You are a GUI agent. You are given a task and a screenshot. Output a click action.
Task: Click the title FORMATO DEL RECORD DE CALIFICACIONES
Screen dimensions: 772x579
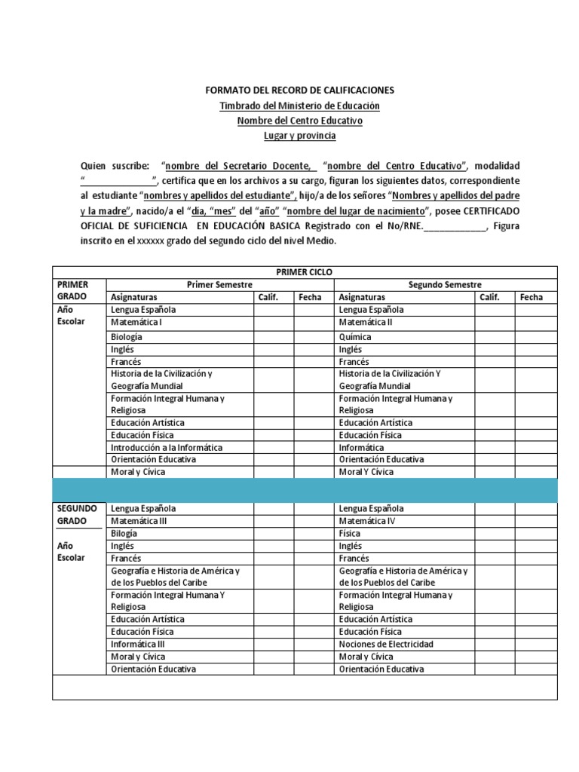pyautogui.click(x=299, y=90)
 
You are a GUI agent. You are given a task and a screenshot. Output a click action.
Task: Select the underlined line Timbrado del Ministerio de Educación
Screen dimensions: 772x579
pyautogui.click(x=299, y=106)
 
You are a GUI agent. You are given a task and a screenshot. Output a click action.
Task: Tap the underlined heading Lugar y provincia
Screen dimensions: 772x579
pyautogui.click(x=299, y=136)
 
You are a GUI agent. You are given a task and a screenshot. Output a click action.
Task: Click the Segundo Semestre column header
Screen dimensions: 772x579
pyautogui.click(x=445, y=284)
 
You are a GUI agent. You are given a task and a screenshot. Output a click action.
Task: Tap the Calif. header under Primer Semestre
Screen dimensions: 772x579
pyautogui.click(x=269, y=297)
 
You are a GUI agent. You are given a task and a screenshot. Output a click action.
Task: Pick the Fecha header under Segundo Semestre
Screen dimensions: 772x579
pyautogui.click(x=531, y=297)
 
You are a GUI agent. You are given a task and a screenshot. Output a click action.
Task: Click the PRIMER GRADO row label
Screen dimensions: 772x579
pyautogui.click(x=72, y=290)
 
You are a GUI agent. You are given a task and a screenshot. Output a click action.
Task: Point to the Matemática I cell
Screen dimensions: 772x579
pyautogui.click(x=137, y=322)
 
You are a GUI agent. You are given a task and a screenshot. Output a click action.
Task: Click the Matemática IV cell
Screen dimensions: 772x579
pyautogui.click(x=366, y=521)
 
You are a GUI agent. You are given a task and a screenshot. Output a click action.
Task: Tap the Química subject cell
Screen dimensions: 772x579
pyautogui.click(x=355, y=337)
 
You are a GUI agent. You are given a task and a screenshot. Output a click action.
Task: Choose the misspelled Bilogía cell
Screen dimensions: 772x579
pyautogui.click(x=124, y=533)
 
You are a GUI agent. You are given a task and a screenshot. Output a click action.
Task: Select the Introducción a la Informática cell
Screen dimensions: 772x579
pyautogui.click(x=167, y=447)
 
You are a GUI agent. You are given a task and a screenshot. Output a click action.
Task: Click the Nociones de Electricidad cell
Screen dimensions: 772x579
pyautogui.click(x=387, y=644)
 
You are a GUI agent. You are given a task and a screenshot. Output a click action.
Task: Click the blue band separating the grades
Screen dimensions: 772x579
pyautogui.click(x=304, y=489)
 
